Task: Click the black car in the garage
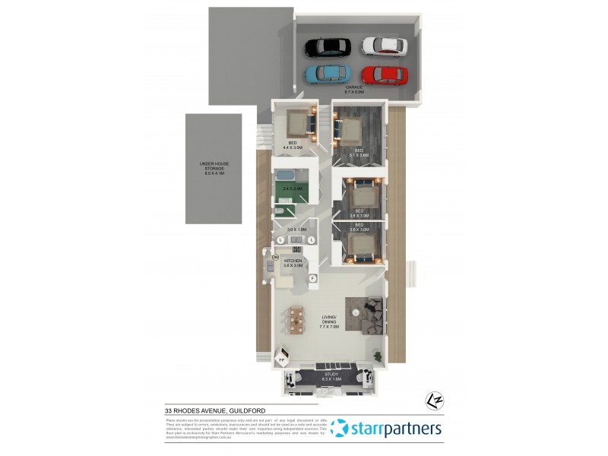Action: pyautogui.click(x=327, y=47)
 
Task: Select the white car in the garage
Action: pyautogui.click(x=385, y=46)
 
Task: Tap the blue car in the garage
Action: pyautogui.click(x=327, y=74)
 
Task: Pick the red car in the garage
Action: pyautogui.click(x=384, y=74)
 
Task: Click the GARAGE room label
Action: pyautogui.click(x=356, y=88)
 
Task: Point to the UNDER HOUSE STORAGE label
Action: pyautogui.click(x=214, y=167)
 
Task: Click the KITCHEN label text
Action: pyautogui.click(x=293, y=261)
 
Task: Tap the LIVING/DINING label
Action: pyautogui.click(x=330, y=322)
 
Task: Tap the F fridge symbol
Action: pyautogui.click(x=312, y=278)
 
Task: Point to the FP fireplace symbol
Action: pyautogui.click(x=281, y=359)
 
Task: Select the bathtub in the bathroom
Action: pyautogui.click(x=290, y=175)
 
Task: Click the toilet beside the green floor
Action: pyautogui.click(x=279, y=211)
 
